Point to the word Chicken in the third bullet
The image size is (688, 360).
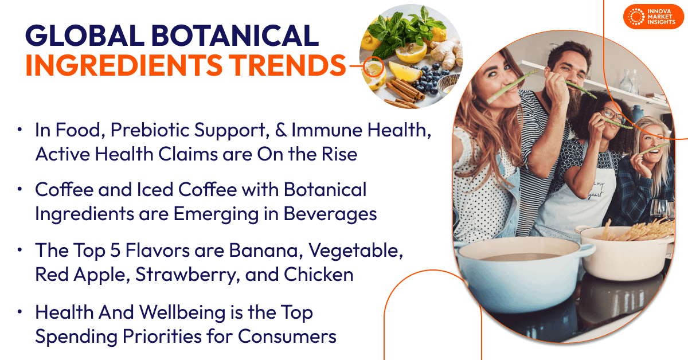tap(318, 275)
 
